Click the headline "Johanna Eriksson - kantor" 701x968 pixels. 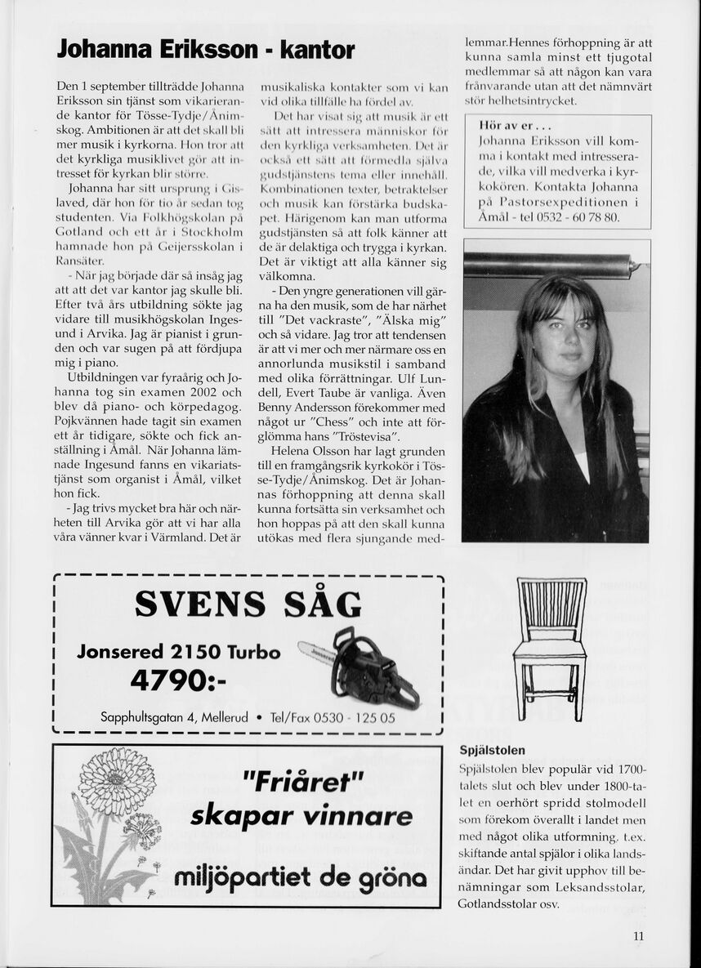click(206, 50)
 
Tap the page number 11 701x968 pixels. click(638, 937)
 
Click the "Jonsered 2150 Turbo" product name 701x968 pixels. click(178, 652)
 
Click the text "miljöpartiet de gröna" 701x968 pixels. click(300, 878)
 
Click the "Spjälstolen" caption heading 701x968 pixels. click(493, 750)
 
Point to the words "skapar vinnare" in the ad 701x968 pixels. click(301, 817)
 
